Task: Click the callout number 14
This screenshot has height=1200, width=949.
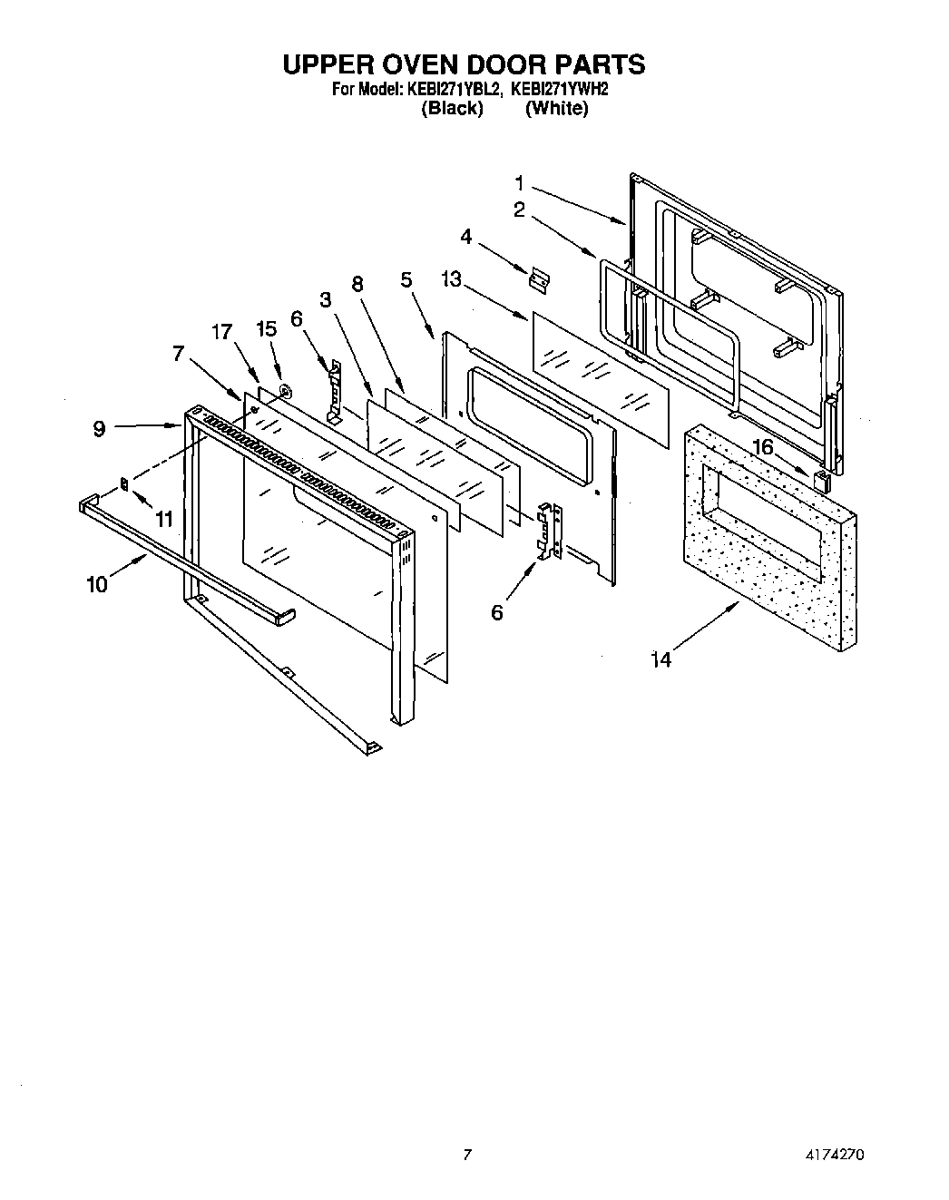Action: click(x=661, y=660)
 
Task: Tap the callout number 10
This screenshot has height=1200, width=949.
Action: click(x=97, y=584)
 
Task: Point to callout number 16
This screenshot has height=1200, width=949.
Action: click(x=762, y=446)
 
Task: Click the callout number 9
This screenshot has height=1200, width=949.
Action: click(x=99, y=428)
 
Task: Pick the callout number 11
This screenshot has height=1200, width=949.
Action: click(x=163, y=519)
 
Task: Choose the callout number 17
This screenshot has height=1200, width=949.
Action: click(x=222, y=332)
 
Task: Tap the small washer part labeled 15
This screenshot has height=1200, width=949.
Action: click(x=285, y=392)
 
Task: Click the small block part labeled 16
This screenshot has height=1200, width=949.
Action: click(x=822, y=480)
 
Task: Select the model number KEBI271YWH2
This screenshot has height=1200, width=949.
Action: click(x=559, y=90)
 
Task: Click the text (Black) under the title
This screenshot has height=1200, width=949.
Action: click(x=452, y=108)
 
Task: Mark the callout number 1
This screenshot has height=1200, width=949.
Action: click(x=520, y=180)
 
